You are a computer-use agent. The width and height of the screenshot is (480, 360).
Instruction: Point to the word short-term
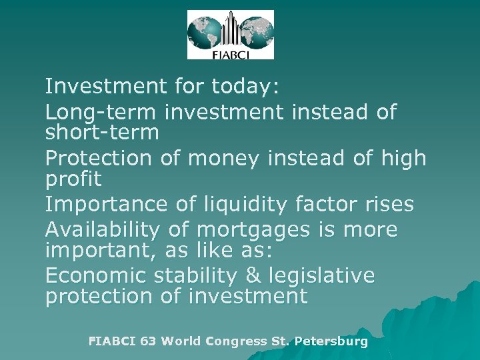(x=102, y=132)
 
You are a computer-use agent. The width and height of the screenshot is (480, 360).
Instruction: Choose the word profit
(x=73, y=179)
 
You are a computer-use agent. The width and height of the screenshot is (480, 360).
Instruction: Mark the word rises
(x=390, y=204)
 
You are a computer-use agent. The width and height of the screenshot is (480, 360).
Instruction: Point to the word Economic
(x=95, y=275)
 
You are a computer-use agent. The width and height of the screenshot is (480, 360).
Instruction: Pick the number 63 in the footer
(x=149, y=341)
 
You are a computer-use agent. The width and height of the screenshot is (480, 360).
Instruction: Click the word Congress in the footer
(x=236, y=341)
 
